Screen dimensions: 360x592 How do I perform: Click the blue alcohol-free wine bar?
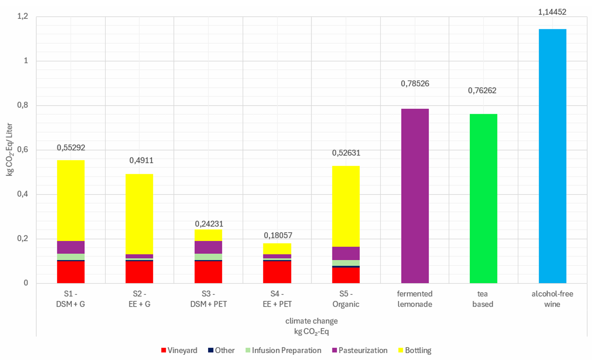[x=552, y=156]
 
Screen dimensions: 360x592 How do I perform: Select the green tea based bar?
[x=483, y=198]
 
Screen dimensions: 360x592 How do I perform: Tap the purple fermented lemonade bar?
[x=415, y=196]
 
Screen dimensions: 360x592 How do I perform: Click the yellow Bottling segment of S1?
[x=71, y=200]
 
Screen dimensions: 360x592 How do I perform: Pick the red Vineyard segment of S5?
[x=346, y=275]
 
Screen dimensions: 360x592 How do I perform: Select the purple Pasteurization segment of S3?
[x=208, y=247]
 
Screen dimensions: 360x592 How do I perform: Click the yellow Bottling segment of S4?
[x=277, y=249]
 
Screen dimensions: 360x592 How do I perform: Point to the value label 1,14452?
[x=552, y=12]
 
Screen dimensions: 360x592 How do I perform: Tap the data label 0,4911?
[x=141, y=161]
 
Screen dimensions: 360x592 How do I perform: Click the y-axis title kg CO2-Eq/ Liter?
[x=9, y=150]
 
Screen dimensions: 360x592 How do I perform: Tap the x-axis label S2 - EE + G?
[x=139, y=299]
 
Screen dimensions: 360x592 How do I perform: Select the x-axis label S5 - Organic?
[x=346, y=299]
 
